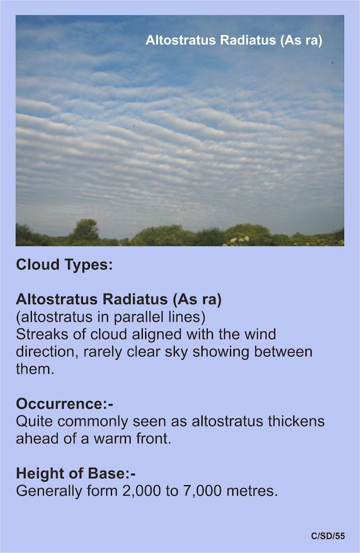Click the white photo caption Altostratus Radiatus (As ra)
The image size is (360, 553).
click(x=233, y=40)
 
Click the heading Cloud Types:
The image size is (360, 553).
click(x=64, y=265)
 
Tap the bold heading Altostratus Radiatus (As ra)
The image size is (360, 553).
click(x=118, y=299)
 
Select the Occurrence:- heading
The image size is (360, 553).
click(x=64, y=404)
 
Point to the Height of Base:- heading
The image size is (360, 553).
click(x=75, y=474)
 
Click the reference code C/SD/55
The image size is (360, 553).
click(x=328, y=536)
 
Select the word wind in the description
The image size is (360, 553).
click(x=260, y=334)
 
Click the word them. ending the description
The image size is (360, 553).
click(x=35, y=369)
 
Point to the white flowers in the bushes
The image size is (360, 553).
click(x=240, y=241)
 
